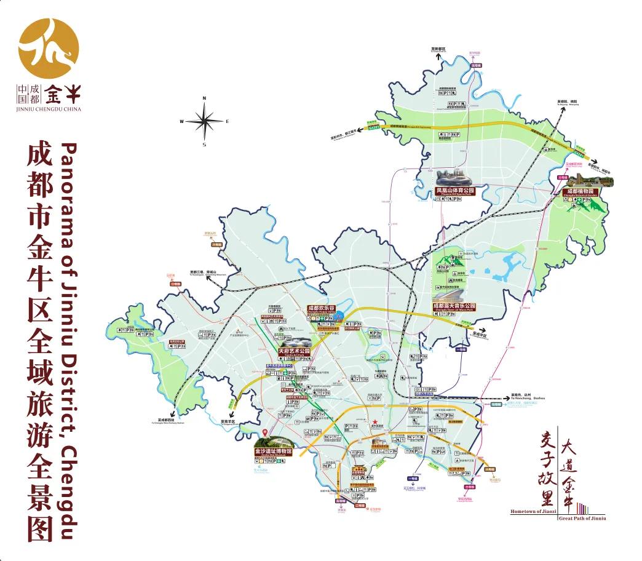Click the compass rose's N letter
tap(204, 98)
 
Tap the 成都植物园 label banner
tap(580, 192)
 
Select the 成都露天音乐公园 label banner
tap(454, 306)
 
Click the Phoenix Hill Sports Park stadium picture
tap(456, 178)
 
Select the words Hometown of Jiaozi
tap(533, 511)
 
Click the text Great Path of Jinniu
tap(582, 519)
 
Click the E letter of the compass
tap(228, 121)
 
